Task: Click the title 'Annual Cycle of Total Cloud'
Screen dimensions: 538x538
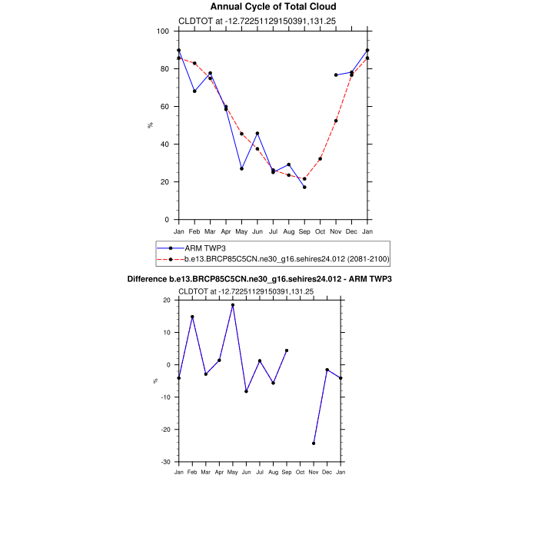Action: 273,7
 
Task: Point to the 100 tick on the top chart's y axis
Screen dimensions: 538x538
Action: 164,32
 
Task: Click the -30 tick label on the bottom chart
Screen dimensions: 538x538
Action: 164,462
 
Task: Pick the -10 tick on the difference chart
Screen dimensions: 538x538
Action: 164,397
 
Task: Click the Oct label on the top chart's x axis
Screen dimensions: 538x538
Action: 320,231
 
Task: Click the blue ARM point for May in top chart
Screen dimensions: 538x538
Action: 241,168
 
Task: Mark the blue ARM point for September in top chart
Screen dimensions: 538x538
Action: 304,187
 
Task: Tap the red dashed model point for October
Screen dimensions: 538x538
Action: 320,159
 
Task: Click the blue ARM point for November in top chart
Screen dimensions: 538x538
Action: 336,75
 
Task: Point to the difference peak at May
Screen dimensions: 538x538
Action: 233,305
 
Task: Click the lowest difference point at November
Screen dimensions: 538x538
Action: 314,443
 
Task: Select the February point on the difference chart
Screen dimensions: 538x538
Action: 192,317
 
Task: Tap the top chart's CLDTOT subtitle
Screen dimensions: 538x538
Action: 234,22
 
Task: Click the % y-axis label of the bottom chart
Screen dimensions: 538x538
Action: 154,380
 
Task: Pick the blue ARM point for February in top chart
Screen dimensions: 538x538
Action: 194,91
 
